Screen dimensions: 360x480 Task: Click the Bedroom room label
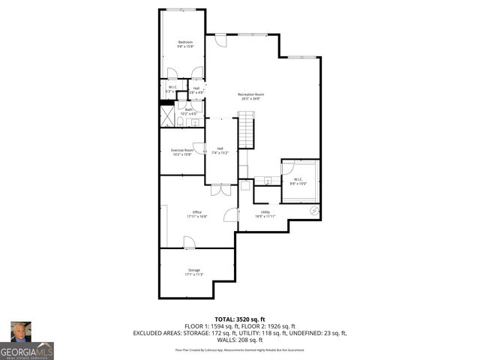tap(185, 41)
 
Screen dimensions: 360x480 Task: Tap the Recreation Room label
tap(252, 94)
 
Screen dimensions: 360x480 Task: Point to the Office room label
tap(197, 212)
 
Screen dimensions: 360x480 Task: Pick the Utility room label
tap(265, 212)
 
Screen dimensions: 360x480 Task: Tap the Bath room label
tap(189, 109)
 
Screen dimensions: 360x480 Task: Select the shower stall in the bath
tap(166, 116)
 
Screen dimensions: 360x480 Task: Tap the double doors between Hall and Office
tap(220, 190)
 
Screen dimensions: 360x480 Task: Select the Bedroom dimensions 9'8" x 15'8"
tap(185, 46)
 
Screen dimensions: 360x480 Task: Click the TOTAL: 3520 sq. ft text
tap(240, 319)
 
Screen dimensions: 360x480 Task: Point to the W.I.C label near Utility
tap(297, 179)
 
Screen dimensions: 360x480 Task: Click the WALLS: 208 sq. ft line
tap(240, 339)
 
